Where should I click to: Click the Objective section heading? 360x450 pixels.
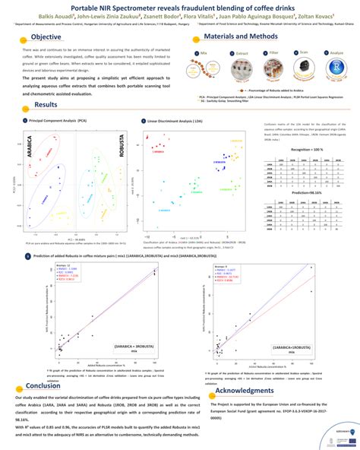[x=47, y=37]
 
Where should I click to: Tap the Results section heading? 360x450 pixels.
[x=45, y=105]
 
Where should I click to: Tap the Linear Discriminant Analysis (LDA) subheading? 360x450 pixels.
[x=175, y=120]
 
